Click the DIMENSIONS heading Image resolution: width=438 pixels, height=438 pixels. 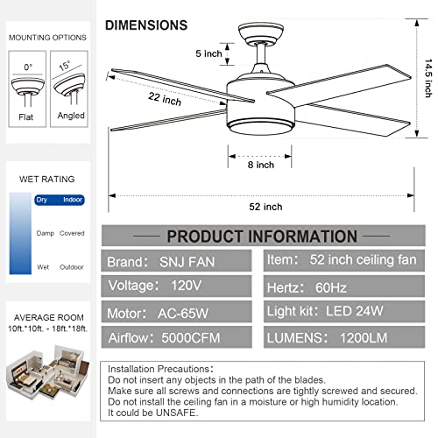[146, 25]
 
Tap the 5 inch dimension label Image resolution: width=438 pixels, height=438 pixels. [208, 53]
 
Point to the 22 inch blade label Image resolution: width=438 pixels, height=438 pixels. [165, 99]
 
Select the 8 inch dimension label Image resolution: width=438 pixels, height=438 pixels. [261, 165]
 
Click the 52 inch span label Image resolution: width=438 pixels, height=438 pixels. [265, 207]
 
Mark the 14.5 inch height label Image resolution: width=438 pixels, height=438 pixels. [428, 78]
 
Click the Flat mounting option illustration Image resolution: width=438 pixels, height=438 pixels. [27, 89]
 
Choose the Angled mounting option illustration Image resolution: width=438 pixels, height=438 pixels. [69, 89]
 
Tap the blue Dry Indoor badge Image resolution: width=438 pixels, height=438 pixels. [60, 200]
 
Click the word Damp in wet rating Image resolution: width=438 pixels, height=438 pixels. [46, 233]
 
